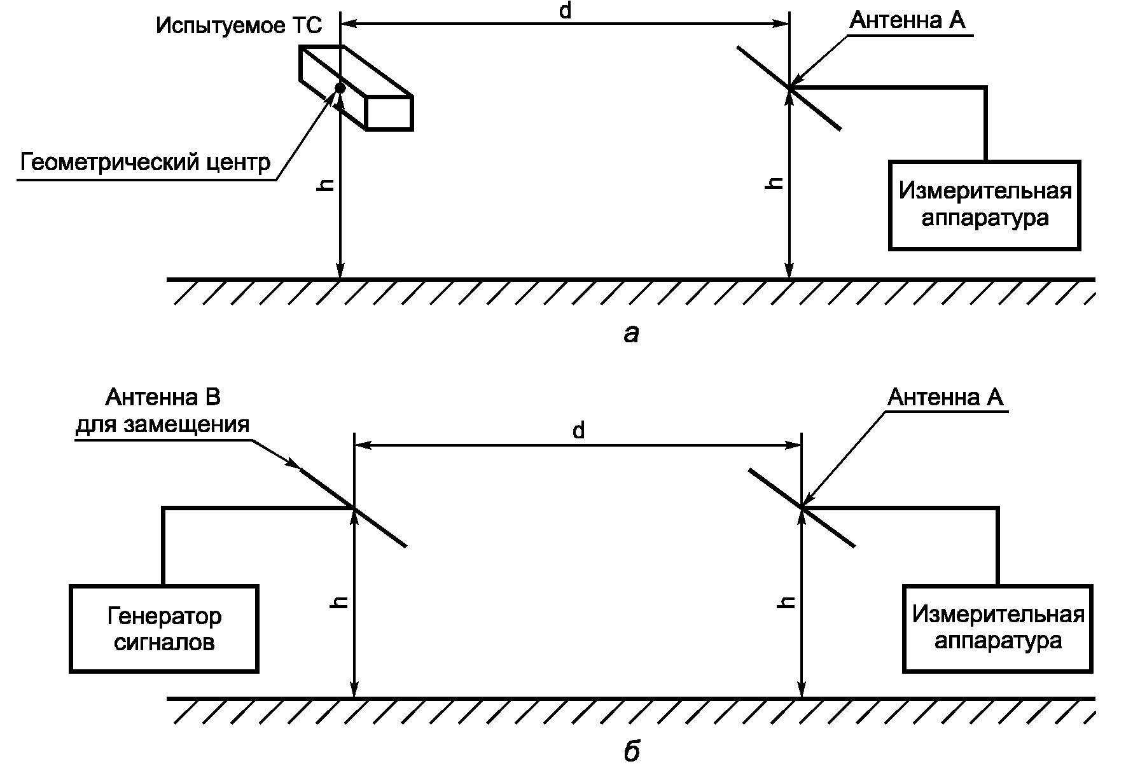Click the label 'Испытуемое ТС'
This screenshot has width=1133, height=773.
coord(239,26)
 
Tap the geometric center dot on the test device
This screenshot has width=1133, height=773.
coord(340,88)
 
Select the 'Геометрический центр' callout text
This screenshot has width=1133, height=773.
coord(146,163)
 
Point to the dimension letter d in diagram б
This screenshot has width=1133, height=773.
coord(578,431)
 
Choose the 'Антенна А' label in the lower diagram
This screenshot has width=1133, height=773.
coord(945,398)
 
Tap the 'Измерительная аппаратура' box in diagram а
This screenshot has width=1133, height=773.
coord(985,205)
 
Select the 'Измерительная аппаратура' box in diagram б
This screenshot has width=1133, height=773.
coord(997,628)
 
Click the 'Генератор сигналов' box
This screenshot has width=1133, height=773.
coord(164,629)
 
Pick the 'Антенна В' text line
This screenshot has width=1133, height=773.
coord(163,398)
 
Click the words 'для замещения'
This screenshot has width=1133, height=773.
coord(163,424)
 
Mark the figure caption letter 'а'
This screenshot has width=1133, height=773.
coord(631,333)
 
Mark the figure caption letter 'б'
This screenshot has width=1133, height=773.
coord(631,752)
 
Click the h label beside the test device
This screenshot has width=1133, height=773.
coord(326,184)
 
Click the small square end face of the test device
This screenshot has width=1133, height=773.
coord(389,113)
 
